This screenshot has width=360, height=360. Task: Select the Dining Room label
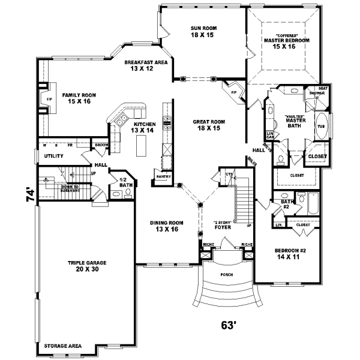coord(166,226)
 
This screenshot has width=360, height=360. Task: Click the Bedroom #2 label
coord(290,252)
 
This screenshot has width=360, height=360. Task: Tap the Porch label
coord(226,274)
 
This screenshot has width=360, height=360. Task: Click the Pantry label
coord(163,176)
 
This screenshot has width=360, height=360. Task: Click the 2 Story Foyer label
coord(223,226)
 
